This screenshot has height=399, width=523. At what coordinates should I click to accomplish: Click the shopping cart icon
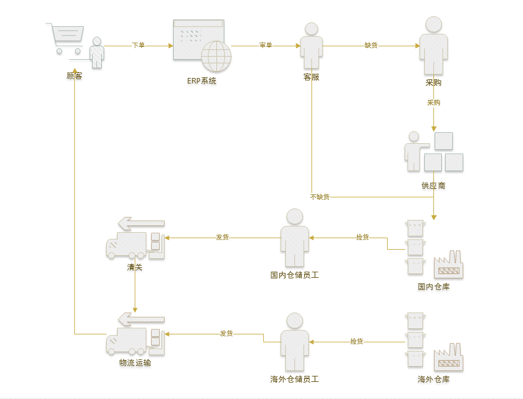coord(65,38)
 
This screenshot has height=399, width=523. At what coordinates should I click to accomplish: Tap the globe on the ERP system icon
coord(216,56)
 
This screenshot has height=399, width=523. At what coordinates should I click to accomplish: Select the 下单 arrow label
coord(138,45)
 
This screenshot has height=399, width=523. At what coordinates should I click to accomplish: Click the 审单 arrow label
coord(266,45)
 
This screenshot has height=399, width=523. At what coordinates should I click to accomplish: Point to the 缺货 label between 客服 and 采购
coord(371,45)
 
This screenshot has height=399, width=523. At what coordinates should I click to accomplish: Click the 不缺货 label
coord(320,197)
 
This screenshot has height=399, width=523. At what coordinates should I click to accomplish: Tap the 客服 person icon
coord(311,46)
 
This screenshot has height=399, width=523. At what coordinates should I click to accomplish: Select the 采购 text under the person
coord(433,83)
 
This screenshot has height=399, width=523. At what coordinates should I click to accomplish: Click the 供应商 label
coord(433,185)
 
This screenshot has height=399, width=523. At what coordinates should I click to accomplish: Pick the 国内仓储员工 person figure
coord(294,238)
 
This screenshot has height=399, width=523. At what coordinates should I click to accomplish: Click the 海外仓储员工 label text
coord(294,379)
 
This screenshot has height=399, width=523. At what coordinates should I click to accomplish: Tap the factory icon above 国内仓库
coord(449,264)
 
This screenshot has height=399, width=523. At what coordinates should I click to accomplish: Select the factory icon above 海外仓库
coord(449,357)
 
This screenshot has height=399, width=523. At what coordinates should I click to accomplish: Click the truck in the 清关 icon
coord(126,245)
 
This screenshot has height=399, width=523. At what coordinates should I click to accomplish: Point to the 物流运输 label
coord(135,362)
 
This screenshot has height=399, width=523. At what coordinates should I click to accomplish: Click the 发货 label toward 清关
coord(222,237)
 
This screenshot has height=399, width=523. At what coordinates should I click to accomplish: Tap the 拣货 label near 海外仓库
coord(357,341)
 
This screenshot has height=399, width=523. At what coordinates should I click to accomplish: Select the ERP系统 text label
coord(202,81)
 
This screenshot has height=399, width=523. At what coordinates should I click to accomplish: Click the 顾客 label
coord(74,76)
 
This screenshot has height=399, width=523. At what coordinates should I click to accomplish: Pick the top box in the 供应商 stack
coord(444,141)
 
